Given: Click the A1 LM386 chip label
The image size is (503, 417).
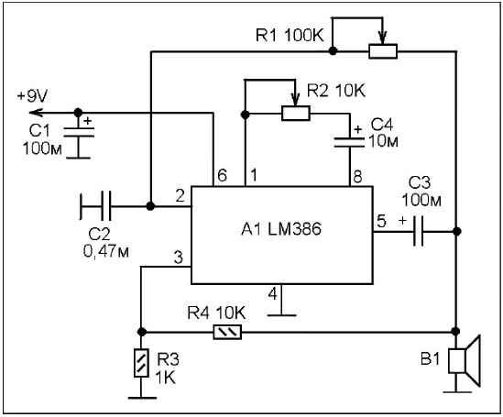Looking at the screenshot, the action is click(x=281, y=229).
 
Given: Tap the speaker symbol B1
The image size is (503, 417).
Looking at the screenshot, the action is click(x=465, y=360).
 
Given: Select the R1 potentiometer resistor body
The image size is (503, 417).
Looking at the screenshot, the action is click(x=383, y=51).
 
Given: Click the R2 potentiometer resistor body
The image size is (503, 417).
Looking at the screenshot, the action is click(x=296, y=114).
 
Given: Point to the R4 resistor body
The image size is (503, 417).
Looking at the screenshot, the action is click(x=227, y=333).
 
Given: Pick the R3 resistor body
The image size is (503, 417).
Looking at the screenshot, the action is click(x=141, y=363).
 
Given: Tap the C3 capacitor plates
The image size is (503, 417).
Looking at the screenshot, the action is click(x=418, y=231).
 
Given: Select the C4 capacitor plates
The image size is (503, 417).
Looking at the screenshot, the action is click(x=350, y=143).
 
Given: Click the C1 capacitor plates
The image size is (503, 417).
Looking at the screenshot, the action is click(x=79, y=132).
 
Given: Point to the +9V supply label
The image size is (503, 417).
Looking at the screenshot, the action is click(x=32, y=96).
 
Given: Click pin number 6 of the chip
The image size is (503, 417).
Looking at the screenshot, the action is click(x=222, y=175).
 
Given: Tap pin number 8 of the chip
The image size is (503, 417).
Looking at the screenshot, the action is click(x=357, y=176).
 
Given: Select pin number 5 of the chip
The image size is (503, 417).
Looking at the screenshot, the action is click(x=381, y=222).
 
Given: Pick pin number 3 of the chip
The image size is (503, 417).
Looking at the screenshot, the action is click(x=178, y=258).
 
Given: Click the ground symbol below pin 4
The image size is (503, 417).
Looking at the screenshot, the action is click(x=281, y=315).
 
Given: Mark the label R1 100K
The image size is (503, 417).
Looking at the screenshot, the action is click(x=290, y=35).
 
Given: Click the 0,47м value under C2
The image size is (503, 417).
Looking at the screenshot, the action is click(x=106, y=250).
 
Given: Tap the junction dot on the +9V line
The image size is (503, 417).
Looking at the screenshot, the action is click(x=78, y=113).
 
